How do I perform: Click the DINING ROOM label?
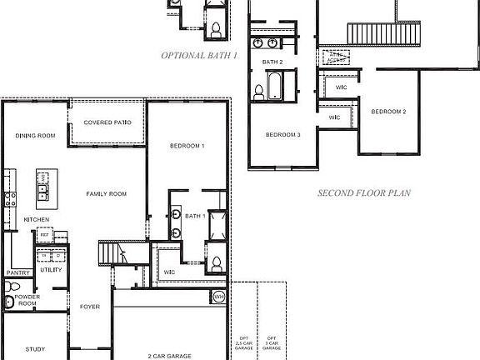coord(35,136)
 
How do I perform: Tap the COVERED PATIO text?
coord(107,122)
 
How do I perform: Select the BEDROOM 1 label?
coord(187,147)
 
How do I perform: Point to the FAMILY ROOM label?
coord(107,194)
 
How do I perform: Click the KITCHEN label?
coord(36,219)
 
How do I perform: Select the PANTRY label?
coord(17,272)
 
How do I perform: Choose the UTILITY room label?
coord(50,270)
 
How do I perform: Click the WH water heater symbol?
coord(219,297)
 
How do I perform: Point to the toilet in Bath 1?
coord(216,265)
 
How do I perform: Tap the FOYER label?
coord(90,307)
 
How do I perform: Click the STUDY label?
coord(35,349)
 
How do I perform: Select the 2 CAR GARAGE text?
coord(170,356)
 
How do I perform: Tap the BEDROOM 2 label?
coord(388,112)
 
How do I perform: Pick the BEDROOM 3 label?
coord(283,135)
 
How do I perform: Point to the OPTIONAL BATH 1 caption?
coord(199,55)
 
